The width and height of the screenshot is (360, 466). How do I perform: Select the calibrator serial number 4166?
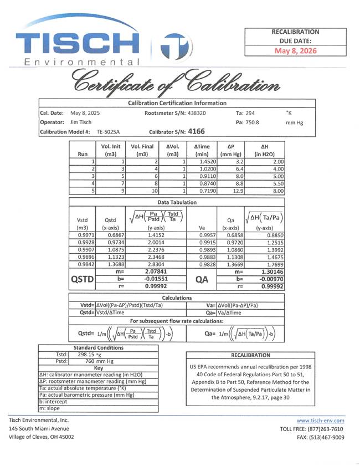point(196,132)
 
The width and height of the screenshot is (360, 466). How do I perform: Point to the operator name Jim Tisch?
point(81,122)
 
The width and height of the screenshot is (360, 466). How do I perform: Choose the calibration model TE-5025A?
point(109,132)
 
